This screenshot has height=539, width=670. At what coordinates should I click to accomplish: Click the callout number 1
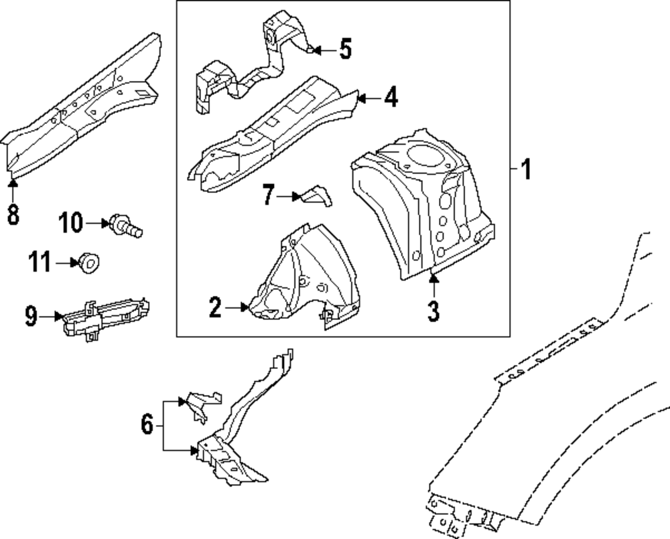click(x=527, y=169)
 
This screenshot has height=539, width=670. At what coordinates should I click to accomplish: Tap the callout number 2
click(x=216, y=307)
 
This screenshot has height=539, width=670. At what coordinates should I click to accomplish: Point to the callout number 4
click(x=391, y=97)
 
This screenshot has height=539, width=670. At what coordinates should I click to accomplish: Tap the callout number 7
click(x=268, y=195)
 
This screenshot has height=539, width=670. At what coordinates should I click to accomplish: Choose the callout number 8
click(x=13, y=214)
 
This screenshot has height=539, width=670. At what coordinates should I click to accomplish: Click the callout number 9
click(x=31, y=317)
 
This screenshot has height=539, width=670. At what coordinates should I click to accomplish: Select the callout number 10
click(x=71, y=222)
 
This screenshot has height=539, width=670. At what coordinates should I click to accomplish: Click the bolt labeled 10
click(x=126, y=226)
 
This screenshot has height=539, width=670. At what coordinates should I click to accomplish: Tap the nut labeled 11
click(x=89, y=263)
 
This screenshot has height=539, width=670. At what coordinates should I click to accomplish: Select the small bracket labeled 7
click(x=317, y=196)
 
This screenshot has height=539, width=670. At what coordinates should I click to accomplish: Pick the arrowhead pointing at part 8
click(x=13, y=183)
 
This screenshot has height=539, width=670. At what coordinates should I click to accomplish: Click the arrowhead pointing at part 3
click(x=433, y=279)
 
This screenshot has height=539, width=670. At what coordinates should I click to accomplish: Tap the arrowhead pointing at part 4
click(x=362, y=98)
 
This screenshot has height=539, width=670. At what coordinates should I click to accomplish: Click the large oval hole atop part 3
click(x=425, y=156)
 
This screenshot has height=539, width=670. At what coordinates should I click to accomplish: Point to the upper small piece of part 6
click(x=200, y=405)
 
